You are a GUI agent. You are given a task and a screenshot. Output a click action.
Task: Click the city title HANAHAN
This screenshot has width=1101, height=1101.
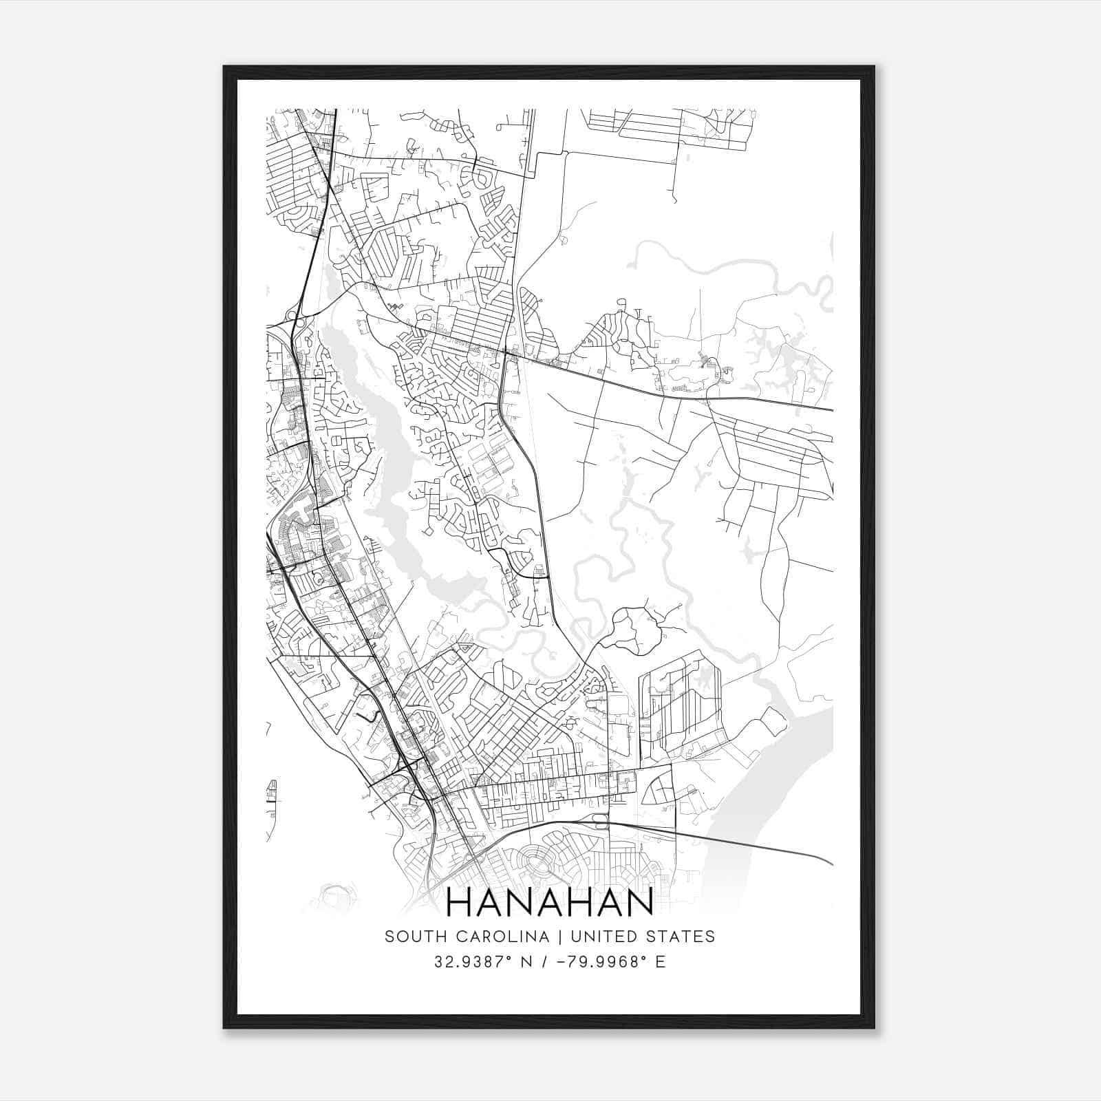tap(550, 903)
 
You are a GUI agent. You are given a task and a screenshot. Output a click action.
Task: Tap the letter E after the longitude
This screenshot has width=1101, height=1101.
tap(661, 962)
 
